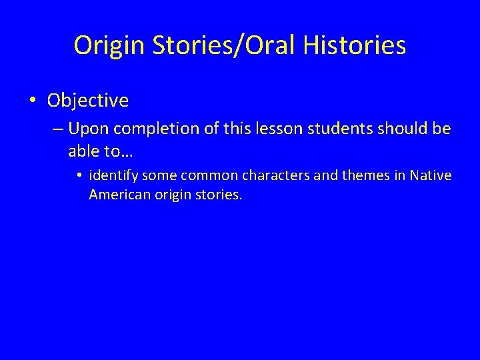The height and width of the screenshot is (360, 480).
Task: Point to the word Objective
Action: [88, 101]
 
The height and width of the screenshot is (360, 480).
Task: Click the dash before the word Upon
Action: [57, 129]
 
